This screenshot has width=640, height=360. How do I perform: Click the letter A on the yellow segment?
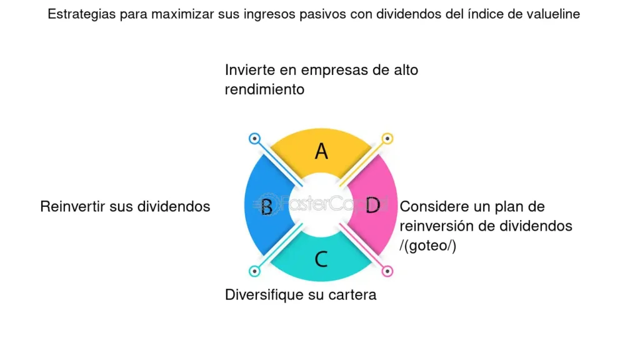(x=321, y=151)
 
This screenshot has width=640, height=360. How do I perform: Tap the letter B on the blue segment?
(x=267, y=206)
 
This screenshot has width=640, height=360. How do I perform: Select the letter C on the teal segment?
(x=321, y=258)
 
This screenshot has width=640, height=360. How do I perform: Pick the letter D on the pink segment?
(x=372, y=205)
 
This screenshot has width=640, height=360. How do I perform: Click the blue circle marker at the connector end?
(x=254, y=139)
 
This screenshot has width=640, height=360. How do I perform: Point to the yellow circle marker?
(x=387, y=138)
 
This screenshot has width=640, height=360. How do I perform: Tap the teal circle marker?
(x=254, y=271)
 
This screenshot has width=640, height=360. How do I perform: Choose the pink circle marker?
(x=387, y=271)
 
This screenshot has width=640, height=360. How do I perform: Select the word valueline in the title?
(x=554, y=14)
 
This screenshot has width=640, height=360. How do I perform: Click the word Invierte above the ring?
(x=250, y=70)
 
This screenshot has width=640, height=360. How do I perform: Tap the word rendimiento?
(x=264, y=89)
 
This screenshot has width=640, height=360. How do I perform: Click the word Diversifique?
(x=264, y=294)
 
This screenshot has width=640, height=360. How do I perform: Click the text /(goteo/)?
(x=428, y=246)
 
